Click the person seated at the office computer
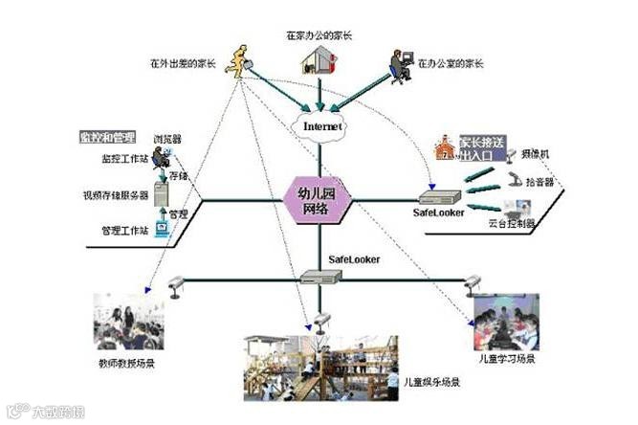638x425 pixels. pyautogui.click(x=398, y=62)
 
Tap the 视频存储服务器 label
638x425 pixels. pyautogui.click(x=116, y=195)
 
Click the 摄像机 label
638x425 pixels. pyautogui.click(x=536, y=152)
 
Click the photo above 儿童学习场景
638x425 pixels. pyautogui.click(x=506, y=321)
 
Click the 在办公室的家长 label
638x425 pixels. pyautogui.click(x=453, y=63)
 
